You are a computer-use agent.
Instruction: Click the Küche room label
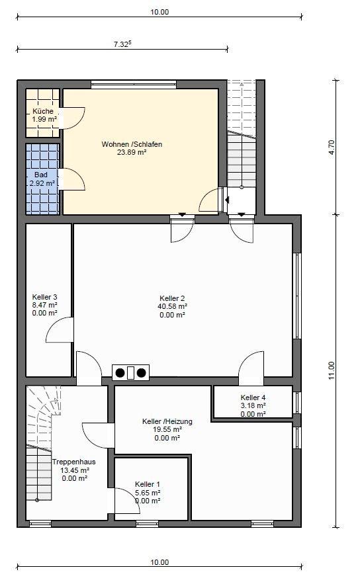[43, 111]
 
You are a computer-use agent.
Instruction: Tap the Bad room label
[41, 175]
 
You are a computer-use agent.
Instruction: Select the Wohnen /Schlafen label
[132, 144]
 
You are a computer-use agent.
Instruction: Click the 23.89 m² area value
[132, 152]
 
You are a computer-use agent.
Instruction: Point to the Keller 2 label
[172, 298]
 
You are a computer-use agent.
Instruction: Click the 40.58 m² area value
[172, 306]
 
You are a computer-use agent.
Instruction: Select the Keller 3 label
[45, 297]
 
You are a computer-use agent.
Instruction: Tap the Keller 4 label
[253, 397]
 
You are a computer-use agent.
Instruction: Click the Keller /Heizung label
[167, 421]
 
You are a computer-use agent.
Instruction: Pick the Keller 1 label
[148, 484]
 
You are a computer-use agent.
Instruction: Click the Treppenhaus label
[74, 462]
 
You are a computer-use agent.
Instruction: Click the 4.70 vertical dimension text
[331, 148]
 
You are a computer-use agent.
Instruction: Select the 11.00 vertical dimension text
[331, 370]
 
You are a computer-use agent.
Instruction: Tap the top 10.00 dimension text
[159, 12]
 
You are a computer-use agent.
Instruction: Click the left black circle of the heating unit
[120, 373]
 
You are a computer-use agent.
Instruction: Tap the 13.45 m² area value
[75, 470]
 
